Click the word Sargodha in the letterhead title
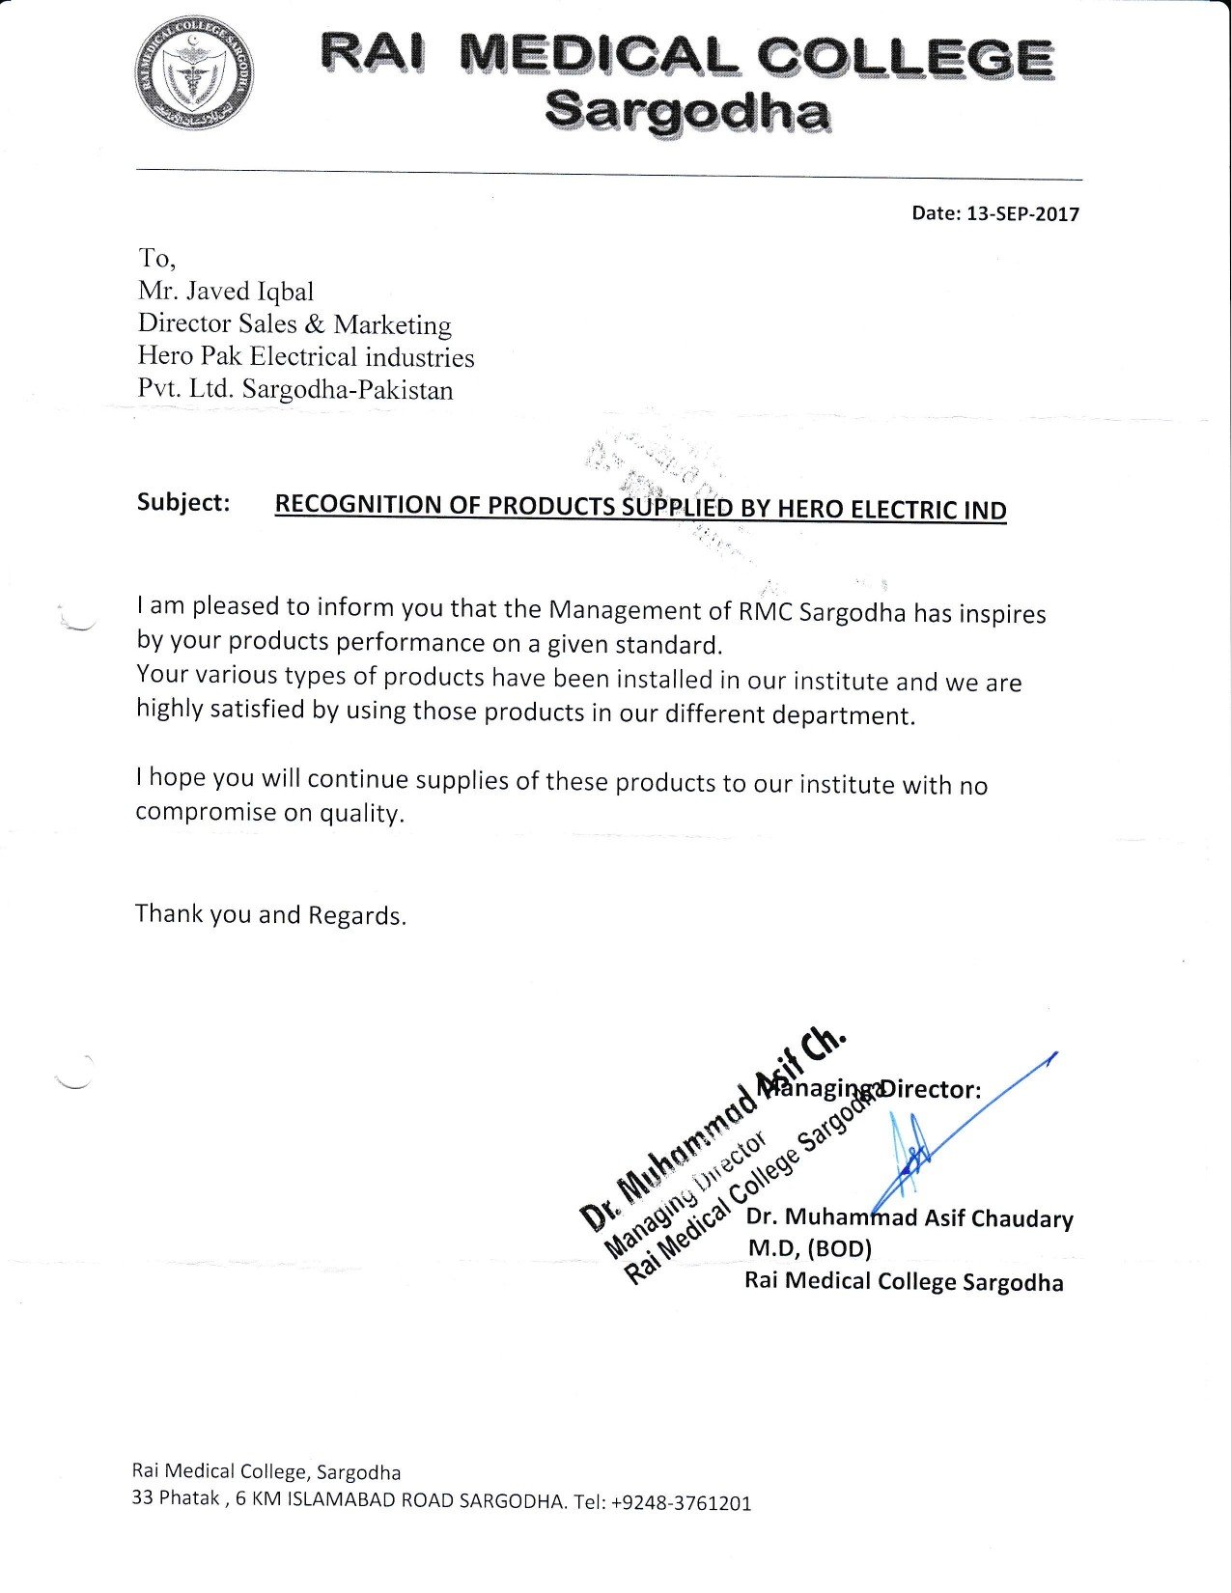coord(686,112)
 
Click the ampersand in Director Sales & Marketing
coord(315,324)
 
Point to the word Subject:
coord(183,503)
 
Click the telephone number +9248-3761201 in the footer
coord(681,1503)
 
